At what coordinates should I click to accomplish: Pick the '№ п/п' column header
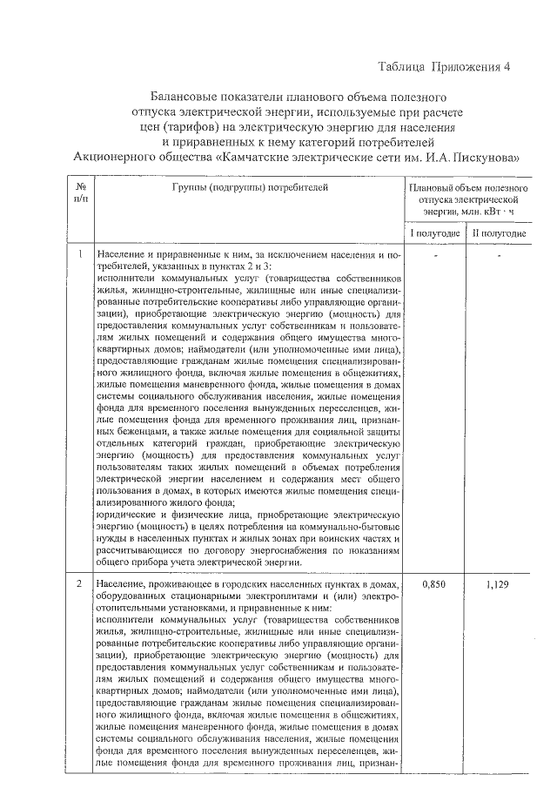80,193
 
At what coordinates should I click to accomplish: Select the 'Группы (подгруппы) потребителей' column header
250,187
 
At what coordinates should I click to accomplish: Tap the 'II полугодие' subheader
499,234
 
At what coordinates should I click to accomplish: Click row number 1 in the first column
80,255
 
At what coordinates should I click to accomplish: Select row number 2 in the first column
80,582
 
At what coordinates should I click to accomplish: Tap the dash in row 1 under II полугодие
499,258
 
